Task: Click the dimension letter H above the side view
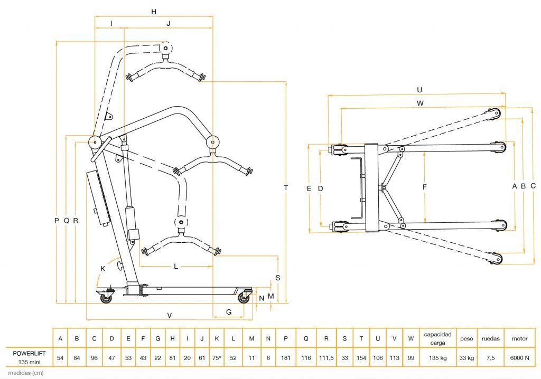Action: click(x=154, y=12)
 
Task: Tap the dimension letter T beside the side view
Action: click(x=286, y=187)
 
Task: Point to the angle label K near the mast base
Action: click(x=102, y=268)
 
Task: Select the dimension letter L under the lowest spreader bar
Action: click(x=176, y=267)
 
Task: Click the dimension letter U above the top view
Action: click(x=419, y=90)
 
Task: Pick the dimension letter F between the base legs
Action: click(x=424, y=187)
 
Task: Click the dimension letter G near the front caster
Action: click(x=229, y=312)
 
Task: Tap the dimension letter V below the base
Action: click(x=170, y=315)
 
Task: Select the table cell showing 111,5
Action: click(x=326, y=358)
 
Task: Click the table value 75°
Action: click(x=217, y=358)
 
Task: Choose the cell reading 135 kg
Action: click(x=438, y=358)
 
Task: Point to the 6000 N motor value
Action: click(x=520, y=358)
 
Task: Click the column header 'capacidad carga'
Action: click(x=438, y=339)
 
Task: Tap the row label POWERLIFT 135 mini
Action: click(x=29, y=357)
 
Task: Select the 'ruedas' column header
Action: click(x=491, y=339)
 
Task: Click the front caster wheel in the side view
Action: click(x=244, y=298)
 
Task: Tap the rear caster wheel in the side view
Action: click(x=106, y=298)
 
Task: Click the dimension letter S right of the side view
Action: click(x=278, y=278)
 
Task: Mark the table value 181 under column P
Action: click(x=286, y=358)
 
